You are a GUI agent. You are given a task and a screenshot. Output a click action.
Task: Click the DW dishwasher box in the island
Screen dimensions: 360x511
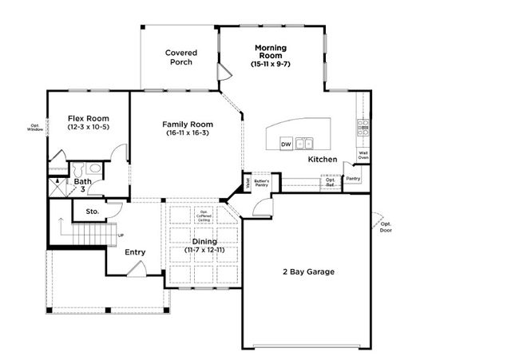pos(286,144)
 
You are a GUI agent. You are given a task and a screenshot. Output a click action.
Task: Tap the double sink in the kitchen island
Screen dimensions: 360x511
pos(304,144)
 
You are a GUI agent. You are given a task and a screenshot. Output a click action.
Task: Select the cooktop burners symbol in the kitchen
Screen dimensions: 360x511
pos(362,125)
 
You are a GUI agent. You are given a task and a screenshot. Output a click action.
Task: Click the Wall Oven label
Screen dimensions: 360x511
pos(363,155)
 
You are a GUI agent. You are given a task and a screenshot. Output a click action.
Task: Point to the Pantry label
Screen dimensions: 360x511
pos(352,179)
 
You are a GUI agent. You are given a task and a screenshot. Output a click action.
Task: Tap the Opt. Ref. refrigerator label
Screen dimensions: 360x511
pos(330,182)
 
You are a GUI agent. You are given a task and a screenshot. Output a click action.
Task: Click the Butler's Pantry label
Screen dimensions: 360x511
pos(262,183)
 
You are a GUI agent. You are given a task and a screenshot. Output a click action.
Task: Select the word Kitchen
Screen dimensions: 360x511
pos(323,160)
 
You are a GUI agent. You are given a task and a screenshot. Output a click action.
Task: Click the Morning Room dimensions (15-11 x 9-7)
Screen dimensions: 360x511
pos(271,63)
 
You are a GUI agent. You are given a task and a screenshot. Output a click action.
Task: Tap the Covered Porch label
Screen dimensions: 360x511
pos(181,57)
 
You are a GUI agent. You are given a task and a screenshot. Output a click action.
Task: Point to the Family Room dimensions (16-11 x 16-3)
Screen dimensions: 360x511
pos(187,134)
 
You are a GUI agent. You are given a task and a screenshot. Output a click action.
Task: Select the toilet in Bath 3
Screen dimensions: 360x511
pos(93,168)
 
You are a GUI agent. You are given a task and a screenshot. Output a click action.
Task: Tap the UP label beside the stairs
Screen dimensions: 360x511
pos(121,235)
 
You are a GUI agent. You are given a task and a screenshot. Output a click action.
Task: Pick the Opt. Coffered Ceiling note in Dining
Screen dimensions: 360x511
pos(204,216)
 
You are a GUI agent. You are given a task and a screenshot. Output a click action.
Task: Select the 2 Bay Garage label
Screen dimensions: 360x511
pos(307,271)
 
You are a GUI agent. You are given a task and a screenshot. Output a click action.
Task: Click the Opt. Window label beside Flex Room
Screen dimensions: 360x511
pos(35,127)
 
